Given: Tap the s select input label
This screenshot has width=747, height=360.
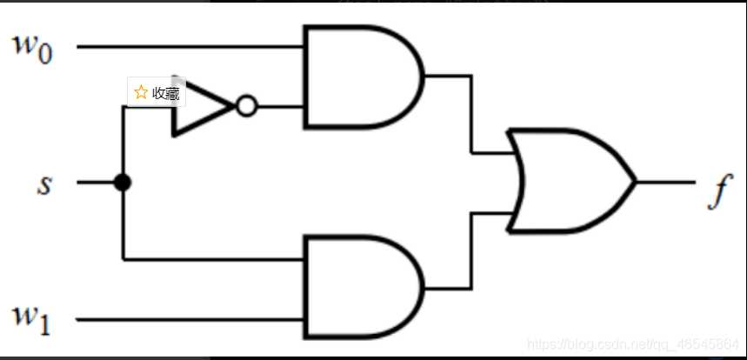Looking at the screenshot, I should click(x=43, y=183).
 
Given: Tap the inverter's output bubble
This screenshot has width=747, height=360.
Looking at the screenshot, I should click(x=246, y=107).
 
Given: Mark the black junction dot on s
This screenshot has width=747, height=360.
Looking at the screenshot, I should click(x=123, y=183).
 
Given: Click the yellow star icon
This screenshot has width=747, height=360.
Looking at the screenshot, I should click(x=140, y=93).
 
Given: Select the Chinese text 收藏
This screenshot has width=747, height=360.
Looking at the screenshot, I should click(x=165, y=93).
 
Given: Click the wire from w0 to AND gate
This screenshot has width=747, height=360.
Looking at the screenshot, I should click(x=191, y=46).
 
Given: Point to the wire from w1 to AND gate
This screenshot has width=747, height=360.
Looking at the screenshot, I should click(x=191, y=319).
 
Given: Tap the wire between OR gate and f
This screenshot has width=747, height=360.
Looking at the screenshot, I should click(x=665, y=183).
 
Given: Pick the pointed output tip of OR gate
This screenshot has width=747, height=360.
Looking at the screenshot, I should click(x=635, y=183).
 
